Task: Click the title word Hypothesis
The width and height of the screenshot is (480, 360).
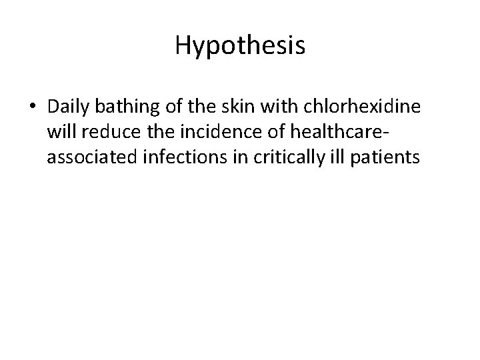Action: pos(240,46)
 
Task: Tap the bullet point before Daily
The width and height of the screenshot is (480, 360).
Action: pos(33,107)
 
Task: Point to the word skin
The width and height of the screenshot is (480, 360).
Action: pos(249,107)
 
